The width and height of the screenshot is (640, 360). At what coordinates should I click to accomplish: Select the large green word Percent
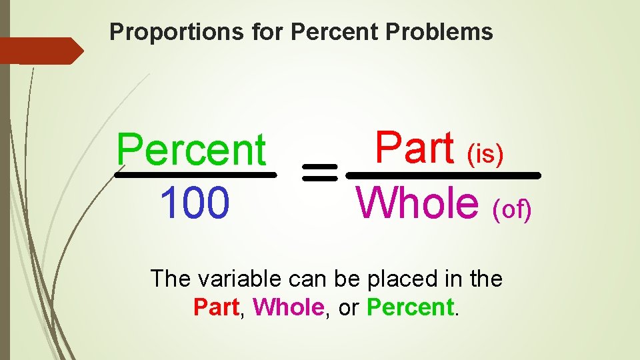click(191, 150)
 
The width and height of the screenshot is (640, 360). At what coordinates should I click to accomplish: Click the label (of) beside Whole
click(512, 211)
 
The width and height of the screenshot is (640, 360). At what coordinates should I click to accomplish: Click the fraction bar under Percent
click(195, 175)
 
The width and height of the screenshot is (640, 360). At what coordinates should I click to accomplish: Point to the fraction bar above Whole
click(444, 175)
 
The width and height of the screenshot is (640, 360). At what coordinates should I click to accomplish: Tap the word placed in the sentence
click(389, 279)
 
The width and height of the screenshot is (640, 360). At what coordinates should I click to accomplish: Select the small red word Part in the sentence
click(216, 307)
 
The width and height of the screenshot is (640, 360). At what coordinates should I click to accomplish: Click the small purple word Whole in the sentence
click(288, 307)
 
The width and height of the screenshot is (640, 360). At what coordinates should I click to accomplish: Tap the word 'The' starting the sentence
click(169, 279)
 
